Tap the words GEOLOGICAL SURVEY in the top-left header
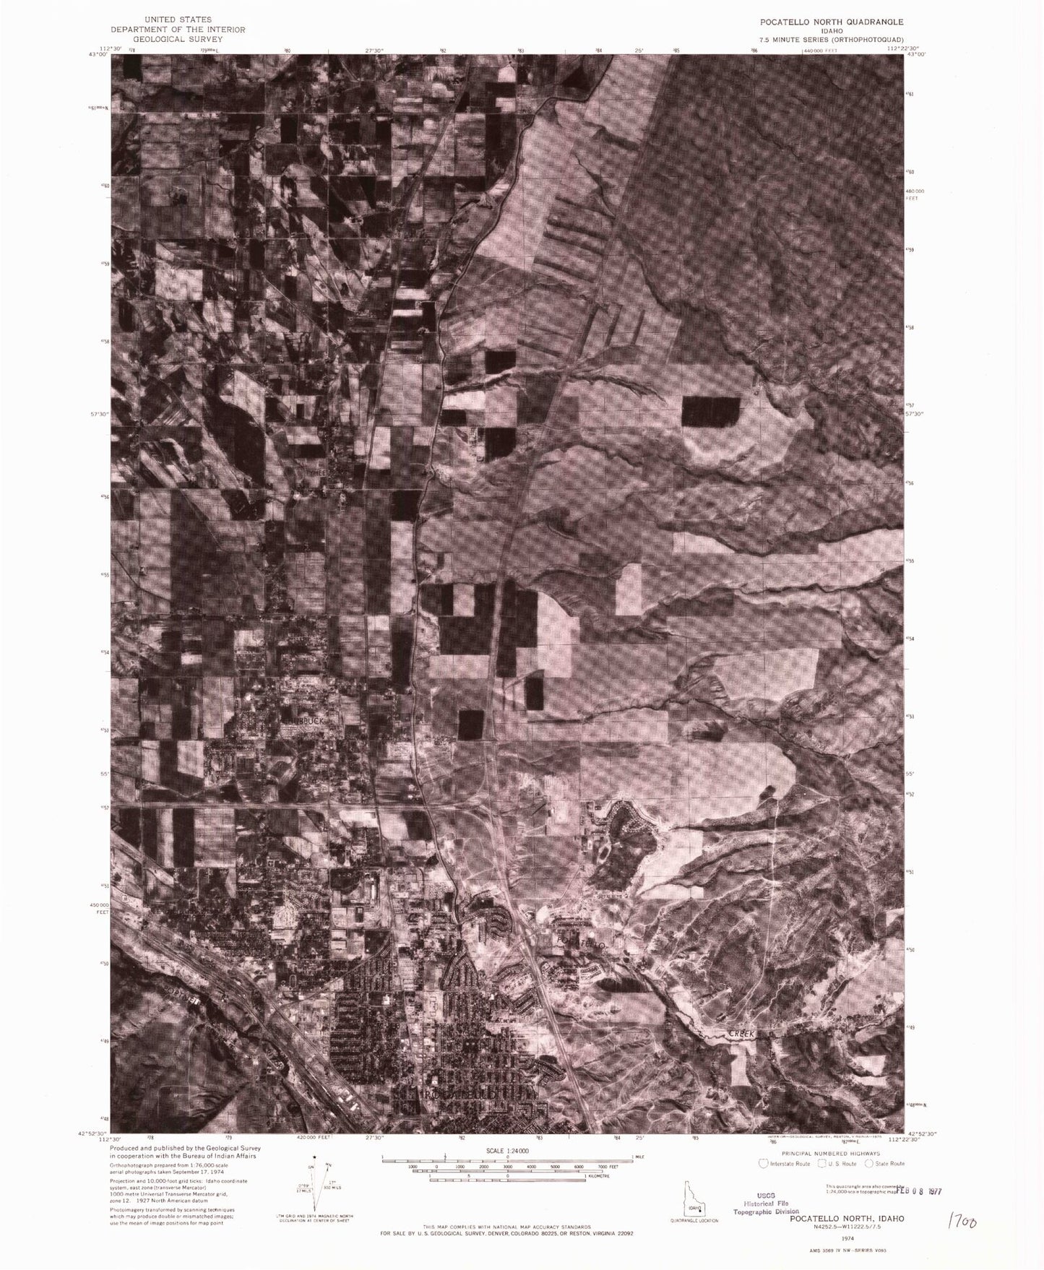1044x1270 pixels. (x=177, y=39)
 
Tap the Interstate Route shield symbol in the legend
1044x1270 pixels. (x=762, y=1163)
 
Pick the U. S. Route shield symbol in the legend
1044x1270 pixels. (x=821, y=1163)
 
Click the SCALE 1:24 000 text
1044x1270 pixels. (x=507, y=1150)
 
